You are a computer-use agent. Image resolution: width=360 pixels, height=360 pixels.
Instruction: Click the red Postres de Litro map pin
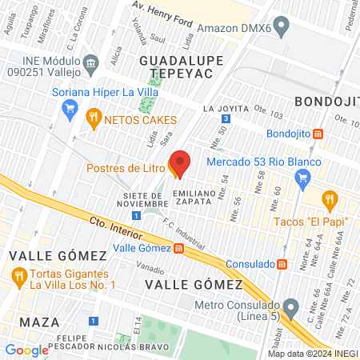point(180,164)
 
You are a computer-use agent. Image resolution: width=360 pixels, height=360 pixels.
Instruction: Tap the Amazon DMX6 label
point(231,26)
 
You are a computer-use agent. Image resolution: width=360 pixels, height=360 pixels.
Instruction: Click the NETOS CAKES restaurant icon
point(94,118)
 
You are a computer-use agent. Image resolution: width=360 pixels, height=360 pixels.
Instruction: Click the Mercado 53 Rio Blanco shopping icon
point(302,177)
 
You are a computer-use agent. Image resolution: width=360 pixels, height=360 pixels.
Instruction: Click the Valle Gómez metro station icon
point(178,248)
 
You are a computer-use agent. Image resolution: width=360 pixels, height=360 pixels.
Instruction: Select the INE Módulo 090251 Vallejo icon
point(90,63)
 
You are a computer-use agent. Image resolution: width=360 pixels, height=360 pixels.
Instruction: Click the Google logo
point(26,350)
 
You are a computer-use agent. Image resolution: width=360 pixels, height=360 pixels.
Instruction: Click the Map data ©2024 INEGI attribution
point(311,353)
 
